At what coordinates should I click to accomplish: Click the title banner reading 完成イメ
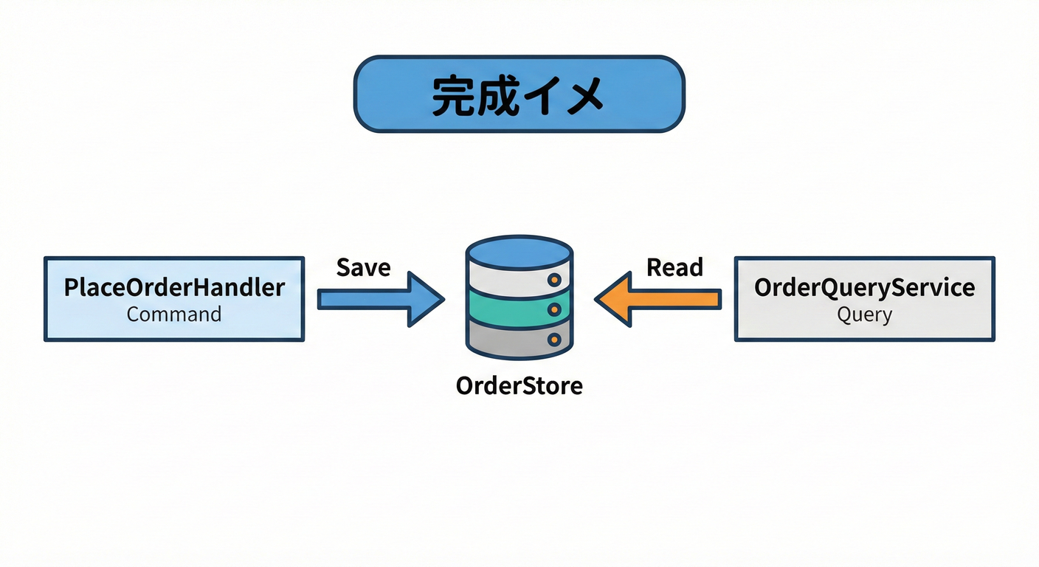pos(519,94)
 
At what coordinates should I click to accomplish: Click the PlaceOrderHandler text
pos(174,287)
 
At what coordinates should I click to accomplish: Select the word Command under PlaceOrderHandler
pos(174,315)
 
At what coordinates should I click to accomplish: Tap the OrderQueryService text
pos(864,287)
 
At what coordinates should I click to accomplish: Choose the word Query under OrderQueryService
pos(864,315)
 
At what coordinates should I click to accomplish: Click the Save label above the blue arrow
pos(363,267)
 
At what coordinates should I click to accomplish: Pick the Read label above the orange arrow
pos(674,267)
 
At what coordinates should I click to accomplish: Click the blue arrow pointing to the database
pos(380,298)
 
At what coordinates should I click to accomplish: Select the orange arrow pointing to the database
pos(658,298)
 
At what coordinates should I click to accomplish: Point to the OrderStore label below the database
pos(519,385)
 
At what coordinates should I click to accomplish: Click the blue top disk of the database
pos(519,251)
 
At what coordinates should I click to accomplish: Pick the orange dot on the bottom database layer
pos(554,340)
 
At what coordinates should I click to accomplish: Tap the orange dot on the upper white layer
pos(554,281)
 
